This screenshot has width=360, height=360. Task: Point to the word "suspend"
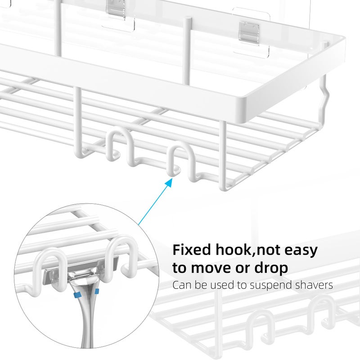pyautogui.click(x=270, y=285)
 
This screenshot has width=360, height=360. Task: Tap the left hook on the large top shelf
pyautogui.click(x=114, y=143)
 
